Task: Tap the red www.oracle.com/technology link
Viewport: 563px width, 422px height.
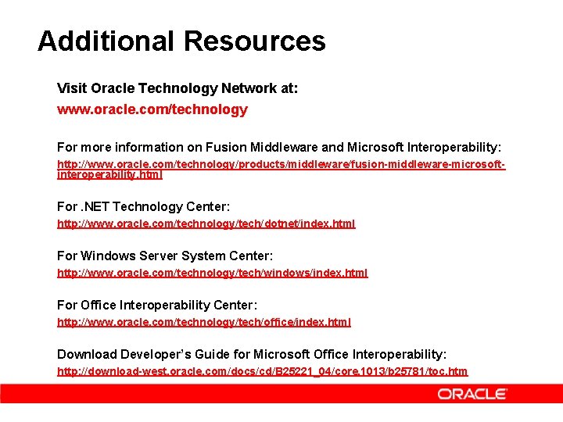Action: pyautogui.click(x=152, y=109)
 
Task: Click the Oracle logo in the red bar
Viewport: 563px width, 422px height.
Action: pyautogui.click(x=472, y=395)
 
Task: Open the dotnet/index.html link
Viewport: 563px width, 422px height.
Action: pyautogui.click(x=206, y=224)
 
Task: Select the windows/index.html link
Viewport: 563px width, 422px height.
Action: pyautogui.click(x=212, y=273)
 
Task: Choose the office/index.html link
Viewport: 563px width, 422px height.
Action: pyautogui.click(x=204, y=322)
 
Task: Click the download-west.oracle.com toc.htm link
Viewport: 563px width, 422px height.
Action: pyautogui.click(x=262, y=371)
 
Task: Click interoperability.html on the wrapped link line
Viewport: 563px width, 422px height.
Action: pyautogui.click(x=109, y=175)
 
